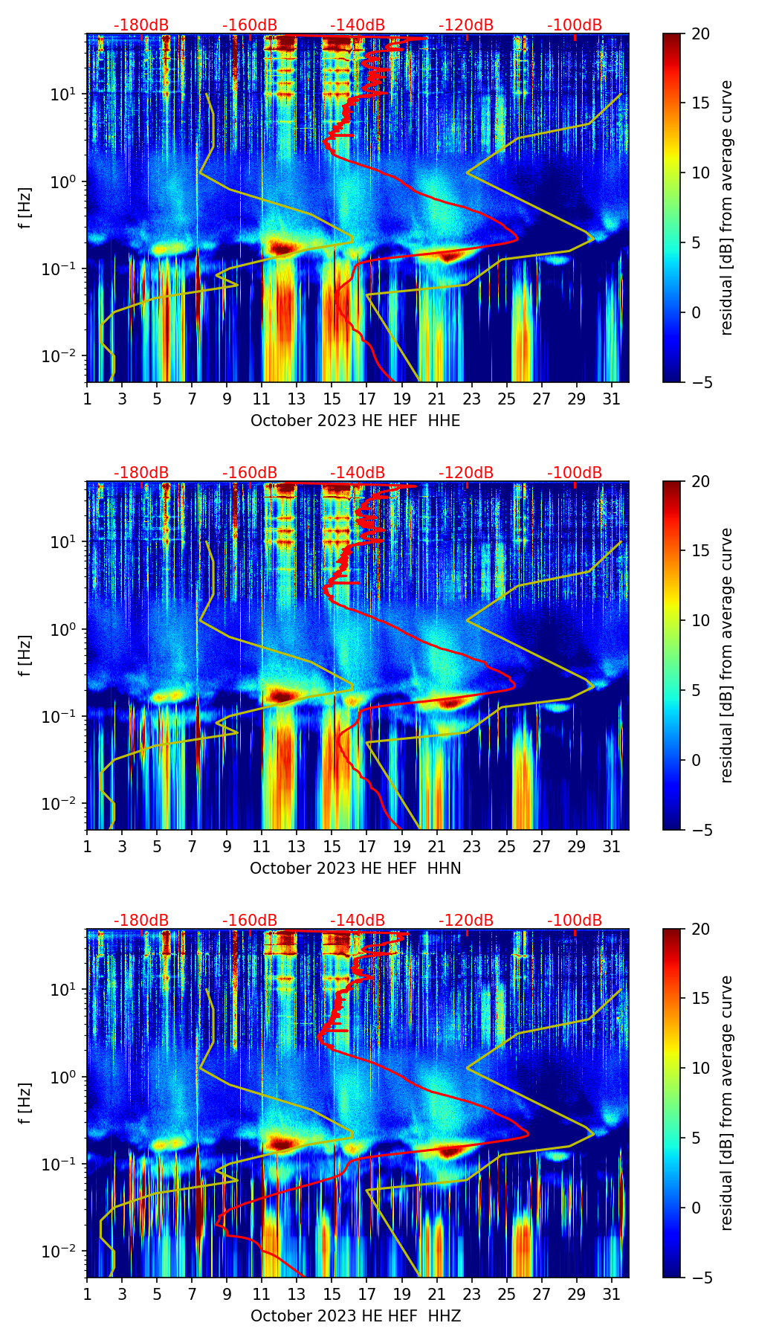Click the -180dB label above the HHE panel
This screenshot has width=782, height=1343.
coord(141,25)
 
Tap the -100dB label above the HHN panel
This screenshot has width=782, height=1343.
coord(575,473)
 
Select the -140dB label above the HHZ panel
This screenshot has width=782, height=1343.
coord(358,921)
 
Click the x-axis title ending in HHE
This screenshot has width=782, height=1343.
coord(355,421)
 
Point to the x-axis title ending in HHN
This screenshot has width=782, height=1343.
coord(355,869)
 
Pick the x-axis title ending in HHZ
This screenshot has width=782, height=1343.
coord(355,1316)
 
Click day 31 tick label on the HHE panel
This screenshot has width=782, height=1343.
coord(611,399)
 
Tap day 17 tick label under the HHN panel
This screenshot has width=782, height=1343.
coord(366,846)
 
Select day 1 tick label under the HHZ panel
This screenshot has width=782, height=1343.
coord(87,1294)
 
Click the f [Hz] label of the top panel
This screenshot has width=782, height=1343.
coord(25,207)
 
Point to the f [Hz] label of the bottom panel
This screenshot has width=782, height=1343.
coord(25,1103)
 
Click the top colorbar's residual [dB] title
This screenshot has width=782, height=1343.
coord(727,207)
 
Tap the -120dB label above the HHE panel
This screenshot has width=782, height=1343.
coord(466,25)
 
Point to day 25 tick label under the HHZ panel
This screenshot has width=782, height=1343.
coord(506,1294)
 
